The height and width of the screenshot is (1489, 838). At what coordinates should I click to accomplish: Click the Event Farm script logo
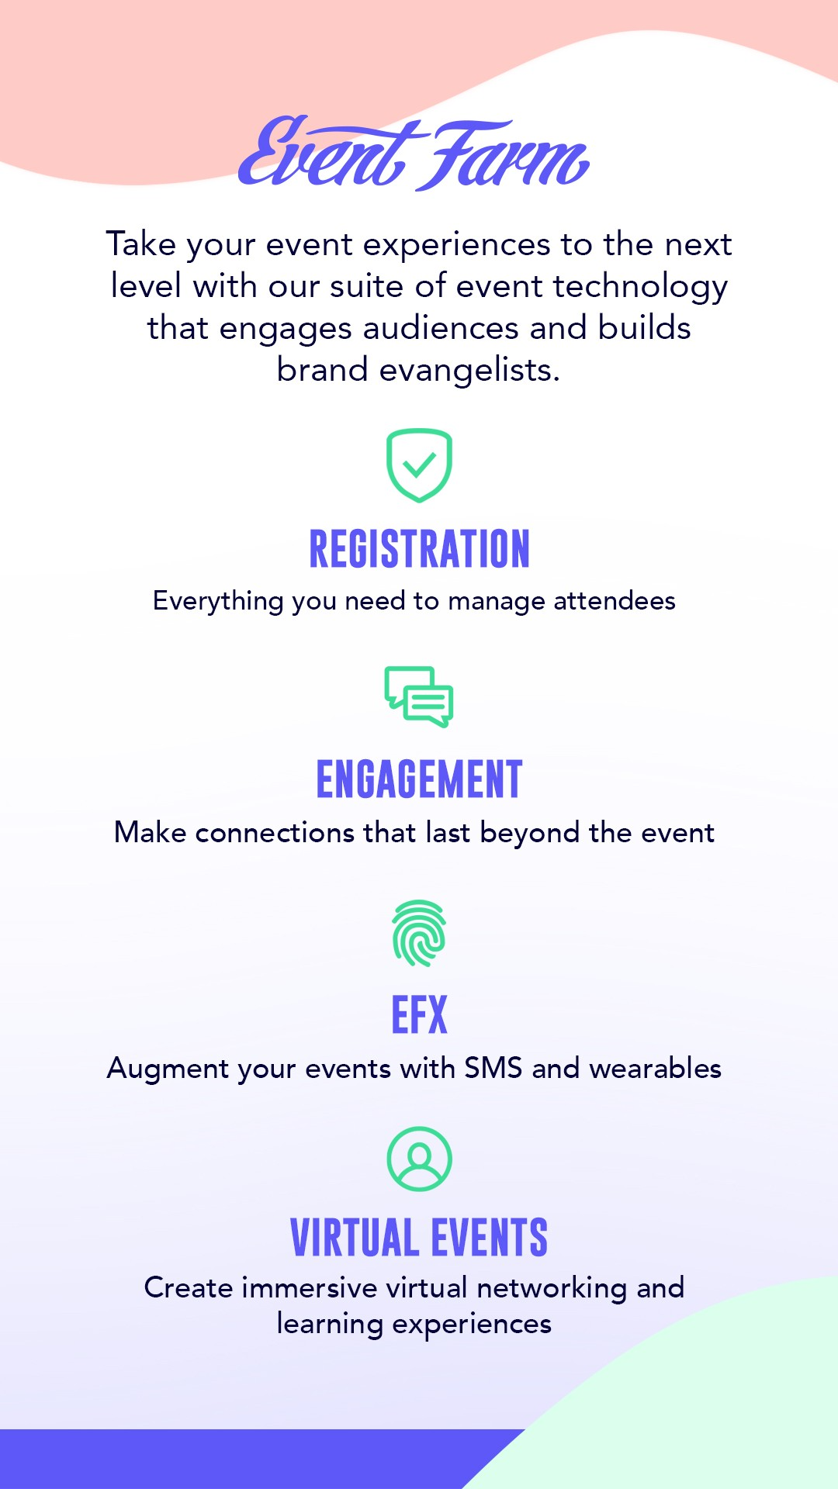pyautogui.click(x=414, y=154)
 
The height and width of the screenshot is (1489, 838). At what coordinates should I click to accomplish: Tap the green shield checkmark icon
pyautogui.click(x=419, y=465)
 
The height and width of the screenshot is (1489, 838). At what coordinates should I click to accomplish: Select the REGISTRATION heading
pyautogui.click(x=419, y=548)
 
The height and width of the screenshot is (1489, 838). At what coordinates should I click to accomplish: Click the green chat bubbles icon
pyautogui.click(x=419, y=696)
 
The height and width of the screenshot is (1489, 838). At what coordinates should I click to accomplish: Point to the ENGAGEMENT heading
pyautogui.click(x=419, y=779)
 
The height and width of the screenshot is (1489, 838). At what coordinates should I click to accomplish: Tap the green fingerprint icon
pyautogui.click(x=419, y=933)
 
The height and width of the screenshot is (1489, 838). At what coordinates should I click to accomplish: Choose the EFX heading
pyautogui.click(x=419, y=1015)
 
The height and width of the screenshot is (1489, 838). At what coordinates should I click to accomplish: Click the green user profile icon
pyautogui.click(x=419, y=1159)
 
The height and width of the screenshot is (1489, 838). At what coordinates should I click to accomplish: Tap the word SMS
pyautogui.click(x=493, y=1068)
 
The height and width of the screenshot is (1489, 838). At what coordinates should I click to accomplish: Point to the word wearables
pyautogui.click(x=656, y=1068)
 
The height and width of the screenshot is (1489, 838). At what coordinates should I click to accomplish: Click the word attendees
pyautogui.click(x=615, y=601)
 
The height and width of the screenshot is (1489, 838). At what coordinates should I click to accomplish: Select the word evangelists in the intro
pyautogui.click(x=469, y=371)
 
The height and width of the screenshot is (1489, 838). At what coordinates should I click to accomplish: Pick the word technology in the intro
pyautogui.click(x=641, y=287)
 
